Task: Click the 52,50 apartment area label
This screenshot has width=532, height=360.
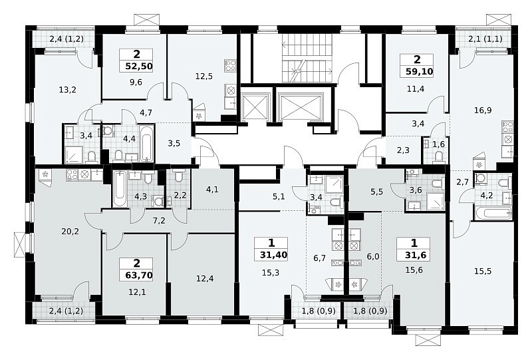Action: (x=139, y=66)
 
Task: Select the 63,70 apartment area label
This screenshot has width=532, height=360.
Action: (x=139, y=275)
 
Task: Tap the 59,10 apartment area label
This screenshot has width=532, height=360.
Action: (x=420, y=72)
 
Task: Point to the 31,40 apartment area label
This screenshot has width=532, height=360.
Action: (x=273, y=255)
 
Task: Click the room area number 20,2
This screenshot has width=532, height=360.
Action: (x=70, y=232)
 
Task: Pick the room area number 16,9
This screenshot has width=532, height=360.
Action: (x=483, y=110)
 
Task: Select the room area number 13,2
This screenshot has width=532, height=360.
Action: (x=67, y=90)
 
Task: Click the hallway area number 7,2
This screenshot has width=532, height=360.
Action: (x=159, y=221)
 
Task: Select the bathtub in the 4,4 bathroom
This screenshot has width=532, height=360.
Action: (x=146, y=144)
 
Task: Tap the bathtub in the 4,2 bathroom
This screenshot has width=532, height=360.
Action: (x=493, y=214)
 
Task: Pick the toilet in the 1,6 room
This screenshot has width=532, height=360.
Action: (x=439, y=156)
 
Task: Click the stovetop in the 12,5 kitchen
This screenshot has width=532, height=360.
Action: (x=230, y=66)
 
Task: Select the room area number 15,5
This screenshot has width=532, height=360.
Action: (x=483, y=271)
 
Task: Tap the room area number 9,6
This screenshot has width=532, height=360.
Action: (x=136, y=83)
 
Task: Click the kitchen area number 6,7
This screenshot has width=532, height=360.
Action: (x=320, y=258)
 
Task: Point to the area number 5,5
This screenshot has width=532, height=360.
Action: (x=376, y=192)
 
